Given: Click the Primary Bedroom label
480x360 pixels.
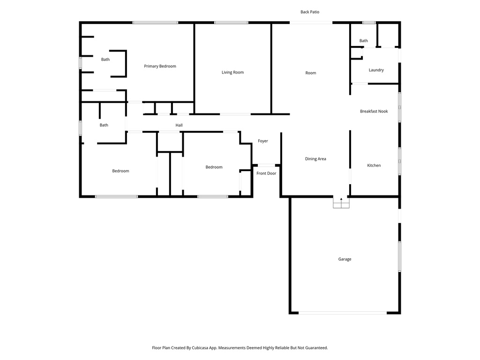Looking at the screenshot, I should coord(160,66).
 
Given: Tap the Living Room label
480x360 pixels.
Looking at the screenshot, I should coord(232,72).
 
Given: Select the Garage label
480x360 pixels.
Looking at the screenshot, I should coord(345,259).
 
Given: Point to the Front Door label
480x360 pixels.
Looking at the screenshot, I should coord(266,173).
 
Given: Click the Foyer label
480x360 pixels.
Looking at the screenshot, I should coord(263,141).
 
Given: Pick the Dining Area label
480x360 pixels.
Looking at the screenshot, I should coord(315,159).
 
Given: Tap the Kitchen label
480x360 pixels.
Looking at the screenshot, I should coord(374,165).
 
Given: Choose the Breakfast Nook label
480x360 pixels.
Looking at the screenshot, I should coord(374,111).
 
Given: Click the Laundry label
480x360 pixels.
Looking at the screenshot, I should coord(376,70).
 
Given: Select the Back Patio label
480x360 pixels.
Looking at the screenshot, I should coord(310,12).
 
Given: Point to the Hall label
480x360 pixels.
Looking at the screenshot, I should coord(179,125).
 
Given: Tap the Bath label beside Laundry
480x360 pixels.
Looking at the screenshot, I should coord(364,41).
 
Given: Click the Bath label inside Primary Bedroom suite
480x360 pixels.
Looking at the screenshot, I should coord(105,60).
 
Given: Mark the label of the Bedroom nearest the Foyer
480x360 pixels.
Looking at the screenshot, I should coord(214,167).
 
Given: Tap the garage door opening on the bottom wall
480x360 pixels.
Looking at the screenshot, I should coord(343,313).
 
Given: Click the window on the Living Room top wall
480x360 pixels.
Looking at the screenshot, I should coord(231,22).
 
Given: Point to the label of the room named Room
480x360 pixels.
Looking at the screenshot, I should coord(311,73).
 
